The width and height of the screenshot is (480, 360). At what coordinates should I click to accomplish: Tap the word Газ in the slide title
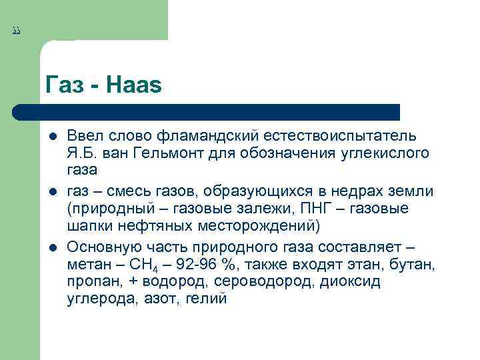64,85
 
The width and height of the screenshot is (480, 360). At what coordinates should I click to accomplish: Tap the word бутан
414,264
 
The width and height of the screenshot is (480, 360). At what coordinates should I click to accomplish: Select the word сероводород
250,281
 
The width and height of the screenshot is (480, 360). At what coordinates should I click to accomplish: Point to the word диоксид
350,281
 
